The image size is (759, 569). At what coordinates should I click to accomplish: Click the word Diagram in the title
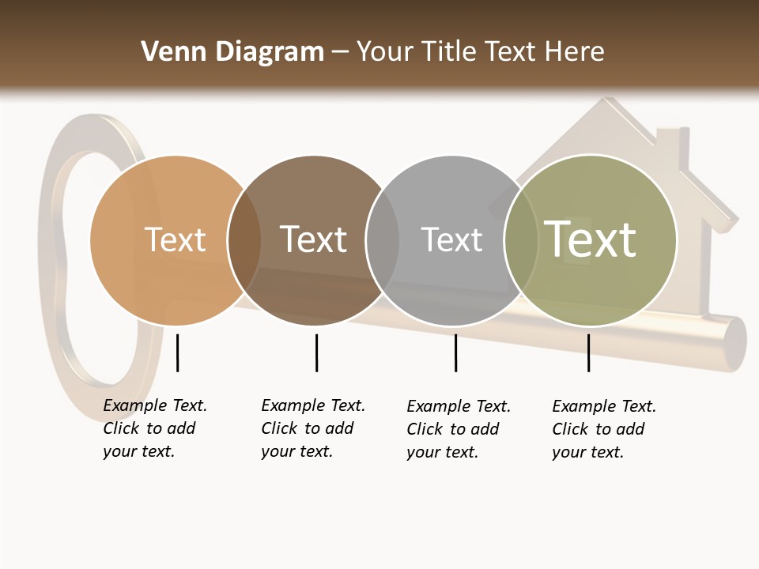click(x=270, y=52)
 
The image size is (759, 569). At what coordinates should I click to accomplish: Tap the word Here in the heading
click(x=576, y=52)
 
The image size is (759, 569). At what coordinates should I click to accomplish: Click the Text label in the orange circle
click(x=175, y=239)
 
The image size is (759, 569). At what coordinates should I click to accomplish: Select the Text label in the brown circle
click(x=313, y=239)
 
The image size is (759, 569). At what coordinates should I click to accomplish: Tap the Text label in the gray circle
click(x=451, y=239)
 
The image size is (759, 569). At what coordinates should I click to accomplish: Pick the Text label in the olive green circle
click(x=591, y=239)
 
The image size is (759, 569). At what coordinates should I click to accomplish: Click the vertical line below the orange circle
click(x=177, y=352)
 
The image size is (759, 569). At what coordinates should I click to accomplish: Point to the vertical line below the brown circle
click(x=316, y=352)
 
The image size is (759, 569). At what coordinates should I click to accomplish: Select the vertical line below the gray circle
click(x=455, y=352)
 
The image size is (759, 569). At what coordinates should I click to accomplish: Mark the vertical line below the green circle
click(x=588, y=352)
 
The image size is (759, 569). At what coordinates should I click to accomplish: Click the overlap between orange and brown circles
click(x=244, y=240)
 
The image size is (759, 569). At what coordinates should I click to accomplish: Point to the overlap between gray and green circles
click(x=521, y=240)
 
